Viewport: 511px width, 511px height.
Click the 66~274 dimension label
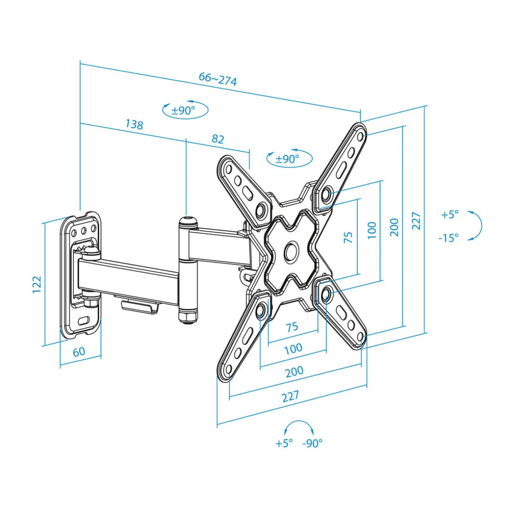(218, 79)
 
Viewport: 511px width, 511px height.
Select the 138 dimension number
(134, 124)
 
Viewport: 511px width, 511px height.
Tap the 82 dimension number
(218, 139)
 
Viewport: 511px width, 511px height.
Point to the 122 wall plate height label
(37, 285)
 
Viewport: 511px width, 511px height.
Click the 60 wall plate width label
(79, 352)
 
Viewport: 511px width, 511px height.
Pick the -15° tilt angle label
(448, 238)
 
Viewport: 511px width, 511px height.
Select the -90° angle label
(312, 443)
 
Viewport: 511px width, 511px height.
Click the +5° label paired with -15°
(450, 215)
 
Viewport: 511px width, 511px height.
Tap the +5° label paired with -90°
(284, 443)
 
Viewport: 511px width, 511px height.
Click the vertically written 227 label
(416, 221)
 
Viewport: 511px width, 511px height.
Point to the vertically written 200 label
(394, 227)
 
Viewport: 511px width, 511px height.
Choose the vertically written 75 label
(348, 237)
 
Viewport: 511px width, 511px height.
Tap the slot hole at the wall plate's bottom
(84, 321)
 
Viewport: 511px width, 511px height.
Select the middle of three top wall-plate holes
(84, 231)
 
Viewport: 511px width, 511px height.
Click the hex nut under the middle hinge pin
(187, 316)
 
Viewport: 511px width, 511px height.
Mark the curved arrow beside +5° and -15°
(476, 226)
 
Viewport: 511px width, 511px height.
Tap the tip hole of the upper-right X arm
(360, 136)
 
